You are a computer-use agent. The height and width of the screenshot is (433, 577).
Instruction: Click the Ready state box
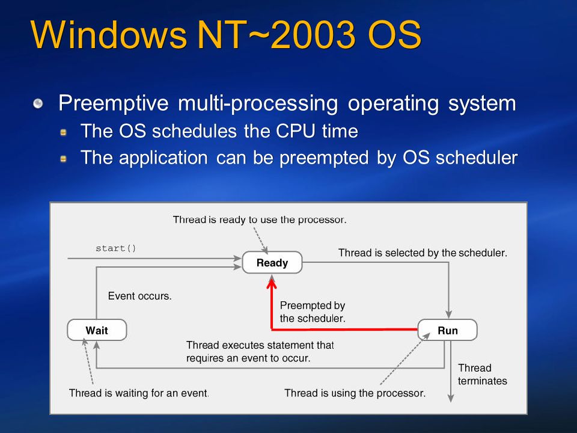272,263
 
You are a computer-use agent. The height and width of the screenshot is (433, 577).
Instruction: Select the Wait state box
97,330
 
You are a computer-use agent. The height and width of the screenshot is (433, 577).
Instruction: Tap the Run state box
447,330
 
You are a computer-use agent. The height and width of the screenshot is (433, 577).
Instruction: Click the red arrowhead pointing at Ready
272,283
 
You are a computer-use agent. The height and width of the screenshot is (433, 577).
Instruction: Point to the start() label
116,248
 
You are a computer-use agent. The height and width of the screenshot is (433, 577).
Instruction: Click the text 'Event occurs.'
140,296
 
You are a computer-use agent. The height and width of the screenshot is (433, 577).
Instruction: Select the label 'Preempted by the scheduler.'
313,312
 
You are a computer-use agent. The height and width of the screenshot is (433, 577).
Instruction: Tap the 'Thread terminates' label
483,374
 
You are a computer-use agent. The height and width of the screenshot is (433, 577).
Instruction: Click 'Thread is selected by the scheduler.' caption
423,253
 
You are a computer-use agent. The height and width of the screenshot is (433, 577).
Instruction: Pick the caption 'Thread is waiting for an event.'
139,393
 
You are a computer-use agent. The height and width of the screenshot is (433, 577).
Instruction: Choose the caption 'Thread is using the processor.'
355,393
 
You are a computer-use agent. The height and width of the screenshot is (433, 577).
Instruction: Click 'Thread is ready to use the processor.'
260,220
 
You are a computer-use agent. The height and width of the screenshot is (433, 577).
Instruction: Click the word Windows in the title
109,34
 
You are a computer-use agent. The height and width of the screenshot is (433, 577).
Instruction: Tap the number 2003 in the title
314,34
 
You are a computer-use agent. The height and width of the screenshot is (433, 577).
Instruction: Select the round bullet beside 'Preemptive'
38,103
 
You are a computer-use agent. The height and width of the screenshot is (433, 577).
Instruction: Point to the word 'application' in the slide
163,158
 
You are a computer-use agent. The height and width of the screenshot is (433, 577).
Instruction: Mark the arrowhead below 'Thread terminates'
450,398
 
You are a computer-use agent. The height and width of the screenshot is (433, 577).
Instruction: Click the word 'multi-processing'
258,103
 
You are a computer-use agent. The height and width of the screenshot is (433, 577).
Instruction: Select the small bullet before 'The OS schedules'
63,132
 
